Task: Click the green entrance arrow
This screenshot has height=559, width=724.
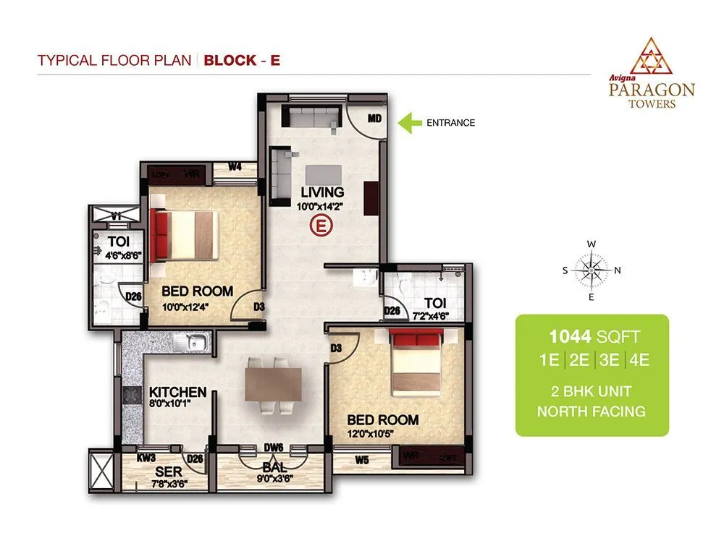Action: [x=411, y=122]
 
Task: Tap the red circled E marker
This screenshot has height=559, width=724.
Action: [x=321, y=226]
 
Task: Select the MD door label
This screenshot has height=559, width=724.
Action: [x=374, y=118]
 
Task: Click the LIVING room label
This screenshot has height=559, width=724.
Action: [x=323, y=192]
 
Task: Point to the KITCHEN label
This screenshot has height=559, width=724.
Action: [x=178, y=392]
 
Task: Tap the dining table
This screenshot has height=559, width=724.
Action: [x=274, y=383]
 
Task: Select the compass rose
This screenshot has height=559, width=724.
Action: [x=592, y=270]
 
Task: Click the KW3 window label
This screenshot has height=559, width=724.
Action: [x=148, y=458]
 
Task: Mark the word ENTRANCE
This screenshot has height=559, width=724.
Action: [x=450, y=123]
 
